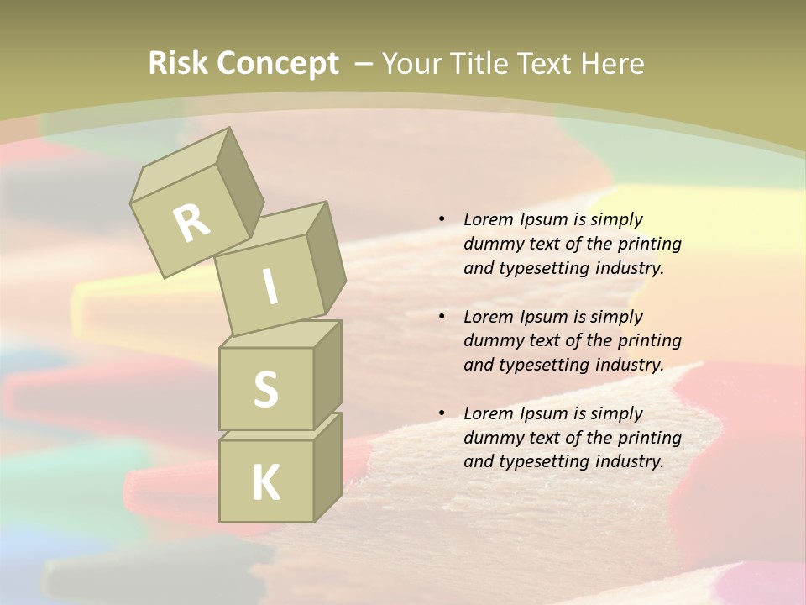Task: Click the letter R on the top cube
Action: [x=191, y=223]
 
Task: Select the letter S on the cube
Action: [x=265, y=389]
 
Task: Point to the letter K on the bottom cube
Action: [x=265, y=483]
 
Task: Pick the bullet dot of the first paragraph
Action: [x=442, y=219]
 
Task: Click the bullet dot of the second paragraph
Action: [x=442, y=317]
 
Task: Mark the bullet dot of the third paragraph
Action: [x=442, y=413]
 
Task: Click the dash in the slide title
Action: [x=364, y=63]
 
